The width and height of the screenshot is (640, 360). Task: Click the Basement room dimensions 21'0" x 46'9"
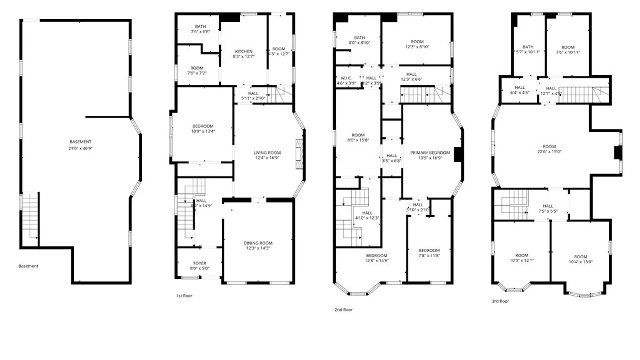80,149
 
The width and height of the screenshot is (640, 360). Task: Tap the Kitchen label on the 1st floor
244,52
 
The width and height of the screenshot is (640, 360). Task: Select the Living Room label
267,153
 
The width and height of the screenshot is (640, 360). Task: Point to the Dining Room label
258,243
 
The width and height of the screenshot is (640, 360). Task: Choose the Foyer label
200,263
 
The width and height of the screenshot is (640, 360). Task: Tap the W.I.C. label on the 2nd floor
346,78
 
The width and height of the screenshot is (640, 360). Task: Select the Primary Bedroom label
430,153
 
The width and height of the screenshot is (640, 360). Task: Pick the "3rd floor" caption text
500,301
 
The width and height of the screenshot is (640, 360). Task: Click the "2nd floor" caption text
343,310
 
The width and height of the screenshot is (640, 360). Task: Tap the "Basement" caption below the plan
28,266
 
